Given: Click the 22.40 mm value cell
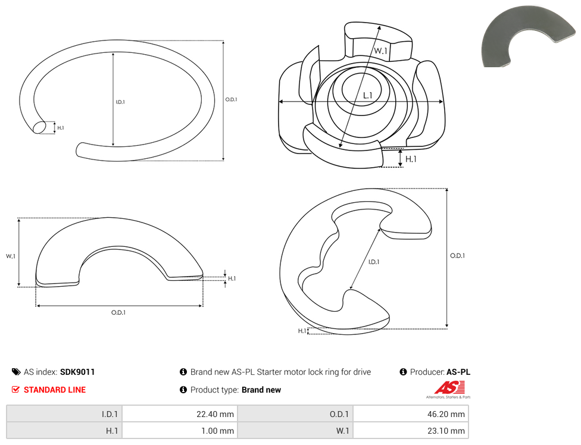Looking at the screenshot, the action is coord(180,414).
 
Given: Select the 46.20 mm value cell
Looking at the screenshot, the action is coord(411,414).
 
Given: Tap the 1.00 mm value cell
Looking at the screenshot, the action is coord(180,431).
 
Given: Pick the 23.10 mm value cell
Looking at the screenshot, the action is coord(411,431).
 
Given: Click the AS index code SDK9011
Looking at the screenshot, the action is coord(77,372).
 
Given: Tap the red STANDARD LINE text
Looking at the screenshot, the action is coord(55,390).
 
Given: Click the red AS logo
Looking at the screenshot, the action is coord(449,388).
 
